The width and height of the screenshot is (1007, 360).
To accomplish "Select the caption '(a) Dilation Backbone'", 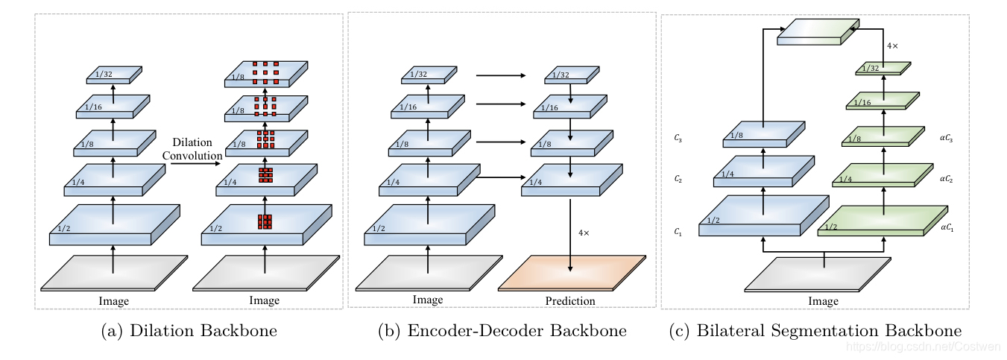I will point(189,331).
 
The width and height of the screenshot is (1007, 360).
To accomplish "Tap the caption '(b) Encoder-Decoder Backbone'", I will point(502,331).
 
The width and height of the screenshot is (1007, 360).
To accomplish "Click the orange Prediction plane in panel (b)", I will point(571,274).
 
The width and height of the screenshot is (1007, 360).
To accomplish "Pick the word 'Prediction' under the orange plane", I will point(570,301).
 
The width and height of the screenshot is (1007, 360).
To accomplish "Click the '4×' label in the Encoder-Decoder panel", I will point(584,233).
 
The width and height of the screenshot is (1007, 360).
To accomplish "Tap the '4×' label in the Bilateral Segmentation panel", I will point(892,46).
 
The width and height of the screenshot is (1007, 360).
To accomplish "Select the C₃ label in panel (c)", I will point(678,139).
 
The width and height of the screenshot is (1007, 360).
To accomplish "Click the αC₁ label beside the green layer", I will point(947,227).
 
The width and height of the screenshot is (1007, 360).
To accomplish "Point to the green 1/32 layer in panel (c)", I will point(883,68).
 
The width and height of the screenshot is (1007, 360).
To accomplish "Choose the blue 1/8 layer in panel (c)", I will point(763,135).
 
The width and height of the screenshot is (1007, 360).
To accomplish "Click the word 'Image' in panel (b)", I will point(428,300).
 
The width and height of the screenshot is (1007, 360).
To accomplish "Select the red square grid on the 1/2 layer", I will point(265,221).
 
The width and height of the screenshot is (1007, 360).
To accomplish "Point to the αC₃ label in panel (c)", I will point(947,139).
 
